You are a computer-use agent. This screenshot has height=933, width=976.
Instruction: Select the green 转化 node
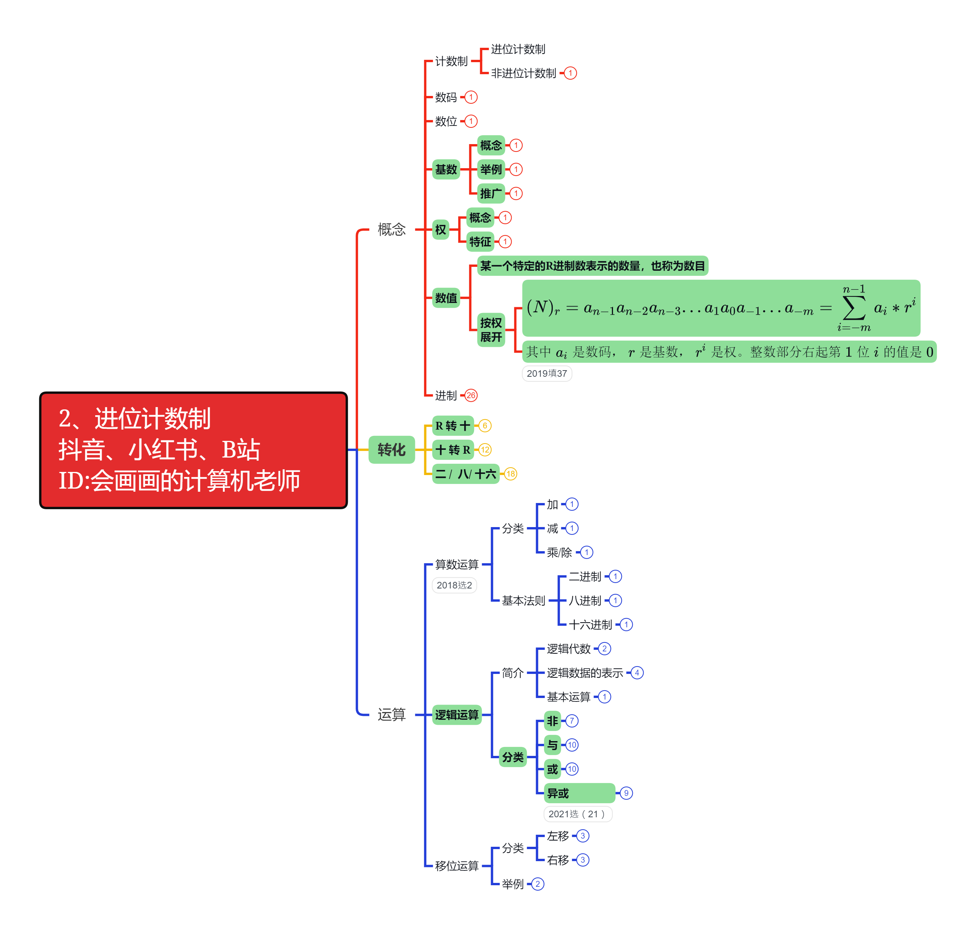click(391, 449)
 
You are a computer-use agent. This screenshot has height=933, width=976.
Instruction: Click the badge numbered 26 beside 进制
click(471, 395)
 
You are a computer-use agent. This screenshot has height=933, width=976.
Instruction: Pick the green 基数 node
click(446, 170)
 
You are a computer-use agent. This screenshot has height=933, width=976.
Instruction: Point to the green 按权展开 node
click(491, 330)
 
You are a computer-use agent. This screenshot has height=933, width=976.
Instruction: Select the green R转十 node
click(452, 426)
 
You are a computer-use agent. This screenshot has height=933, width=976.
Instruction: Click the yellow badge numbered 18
click(511, 474)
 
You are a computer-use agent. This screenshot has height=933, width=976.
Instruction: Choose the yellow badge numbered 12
click(485, 450)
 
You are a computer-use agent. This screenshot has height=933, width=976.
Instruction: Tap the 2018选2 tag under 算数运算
click(454, 585)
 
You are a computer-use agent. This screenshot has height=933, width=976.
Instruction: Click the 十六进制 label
click(590, 625)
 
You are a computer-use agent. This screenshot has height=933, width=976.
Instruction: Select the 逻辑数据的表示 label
click(585, 673)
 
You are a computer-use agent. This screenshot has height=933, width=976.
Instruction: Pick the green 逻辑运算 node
click(457, 715)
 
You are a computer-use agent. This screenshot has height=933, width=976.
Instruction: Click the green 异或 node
click(579, 793)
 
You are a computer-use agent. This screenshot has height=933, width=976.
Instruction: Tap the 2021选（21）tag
click(577, 814)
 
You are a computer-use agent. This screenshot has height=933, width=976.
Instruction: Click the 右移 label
click(557, 860)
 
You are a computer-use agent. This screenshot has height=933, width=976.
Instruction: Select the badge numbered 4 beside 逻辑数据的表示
click(637, 673)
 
